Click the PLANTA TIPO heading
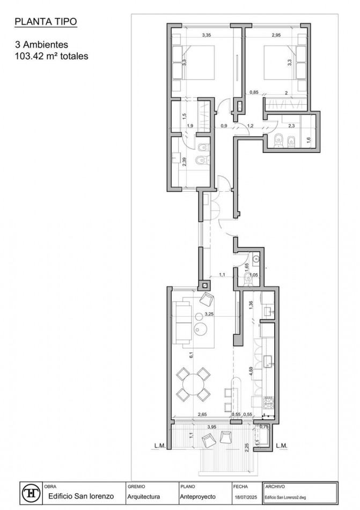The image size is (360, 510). (x=46, y=22)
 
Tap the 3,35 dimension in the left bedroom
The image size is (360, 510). (x=206, y=35)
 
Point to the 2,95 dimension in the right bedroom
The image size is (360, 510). (x=276, y=35)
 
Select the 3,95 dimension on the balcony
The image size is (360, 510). (x=212, y=427)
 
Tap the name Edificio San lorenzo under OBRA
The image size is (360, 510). (x=80, y=496)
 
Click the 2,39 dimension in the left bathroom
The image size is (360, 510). (x=185, y=161)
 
